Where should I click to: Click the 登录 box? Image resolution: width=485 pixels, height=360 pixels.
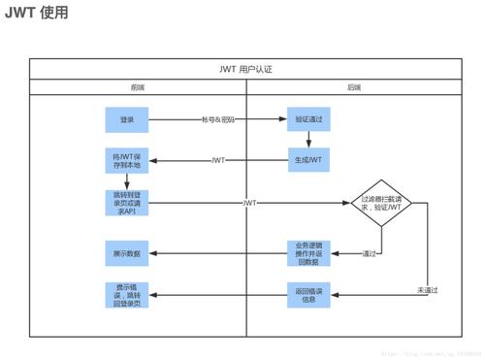tap(127, 119)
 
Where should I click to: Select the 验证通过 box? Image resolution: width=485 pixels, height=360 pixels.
tap(307, 119)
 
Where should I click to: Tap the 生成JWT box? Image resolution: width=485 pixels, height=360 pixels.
tap(307, 160)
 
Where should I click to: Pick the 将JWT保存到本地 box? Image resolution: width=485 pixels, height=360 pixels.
tap(127, 160)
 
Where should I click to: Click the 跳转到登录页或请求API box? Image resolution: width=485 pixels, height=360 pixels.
tap(127, 203)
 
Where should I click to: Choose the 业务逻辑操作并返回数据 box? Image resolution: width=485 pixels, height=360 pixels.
tap(307, 253)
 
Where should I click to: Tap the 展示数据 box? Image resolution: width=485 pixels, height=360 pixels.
tap(127, 253)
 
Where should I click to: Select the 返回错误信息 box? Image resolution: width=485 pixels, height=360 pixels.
tap(307, 294)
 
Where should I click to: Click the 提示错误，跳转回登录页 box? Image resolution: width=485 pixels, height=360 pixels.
tap(127, 294)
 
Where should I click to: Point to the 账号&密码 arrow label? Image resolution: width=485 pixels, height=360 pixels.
tap(218, 119)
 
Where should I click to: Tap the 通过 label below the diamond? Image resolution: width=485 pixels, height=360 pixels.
tap(369, 254)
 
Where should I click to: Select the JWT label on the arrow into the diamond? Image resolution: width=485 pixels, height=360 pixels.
tap(249, 203)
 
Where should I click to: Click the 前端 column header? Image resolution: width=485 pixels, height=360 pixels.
tap(138, 87)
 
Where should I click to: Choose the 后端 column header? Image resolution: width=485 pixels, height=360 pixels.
tap(354, 87)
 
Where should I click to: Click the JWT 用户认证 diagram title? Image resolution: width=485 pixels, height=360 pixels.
tap(246, 69)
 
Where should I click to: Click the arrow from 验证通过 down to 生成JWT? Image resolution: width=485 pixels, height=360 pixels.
tap(307, 140)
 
